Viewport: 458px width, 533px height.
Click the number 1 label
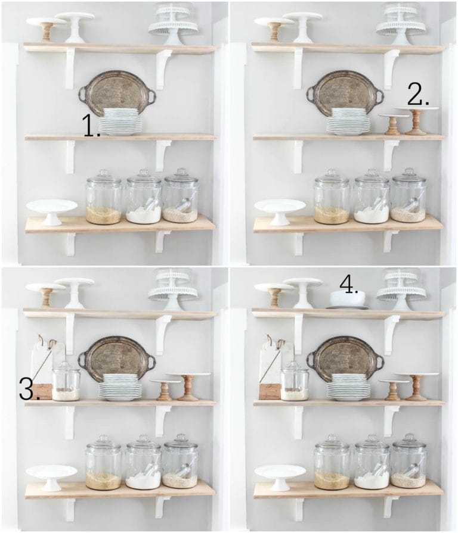[x=91, y=127]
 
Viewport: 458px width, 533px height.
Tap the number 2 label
[x=418, y=94]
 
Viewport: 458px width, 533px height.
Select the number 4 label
[x=349, y=283]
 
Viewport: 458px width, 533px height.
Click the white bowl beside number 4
[x=348, y=299]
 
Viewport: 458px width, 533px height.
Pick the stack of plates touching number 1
[x=120, y=121]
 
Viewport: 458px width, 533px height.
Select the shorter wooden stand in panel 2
[x=392, y=124]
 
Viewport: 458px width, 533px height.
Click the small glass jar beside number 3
[x=66, y=382]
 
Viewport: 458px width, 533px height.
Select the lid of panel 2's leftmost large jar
[x=332, y=177]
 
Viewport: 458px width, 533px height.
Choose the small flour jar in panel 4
[x=295, y=382]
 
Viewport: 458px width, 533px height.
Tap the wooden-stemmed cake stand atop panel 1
[x=46, y=27]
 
